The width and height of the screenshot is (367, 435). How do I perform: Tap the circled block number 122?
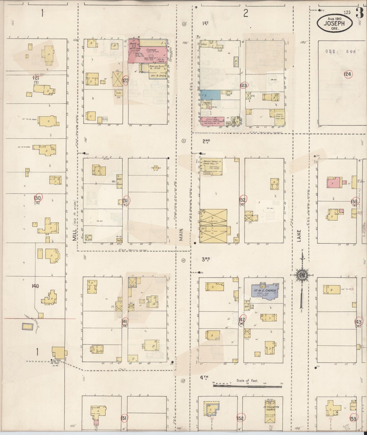(125, 80)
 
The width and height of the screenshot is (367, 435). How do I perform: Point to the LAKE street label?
(299, 236)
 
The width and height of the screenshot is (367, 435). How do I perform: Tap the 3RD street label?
(206, 259)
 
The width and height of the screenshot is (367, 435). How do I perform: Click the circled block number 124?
(348, 74)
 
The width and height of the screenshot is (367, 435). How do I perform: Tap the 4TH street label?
(204, 377)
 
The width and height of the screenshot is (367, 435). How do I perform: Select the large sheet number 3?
(360, 13)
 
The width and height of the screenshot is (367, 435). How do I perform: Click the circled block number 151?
(124, 418)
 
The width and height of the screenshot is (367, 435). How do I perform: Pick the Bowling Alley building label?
(157, 68)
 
